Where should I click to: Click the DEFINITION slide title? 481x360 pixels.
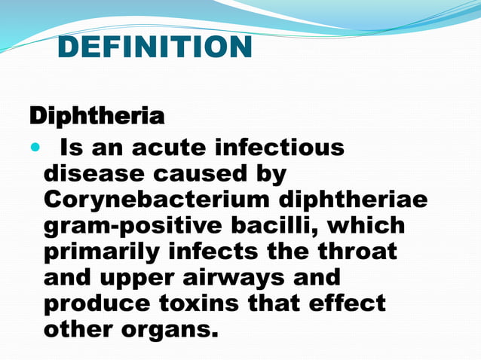tap(155, 48)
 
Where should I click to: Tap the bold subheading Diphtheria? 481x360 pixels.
tap(97, 117)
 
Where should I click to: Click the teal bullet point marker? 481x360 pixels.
tap(33, 147)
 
